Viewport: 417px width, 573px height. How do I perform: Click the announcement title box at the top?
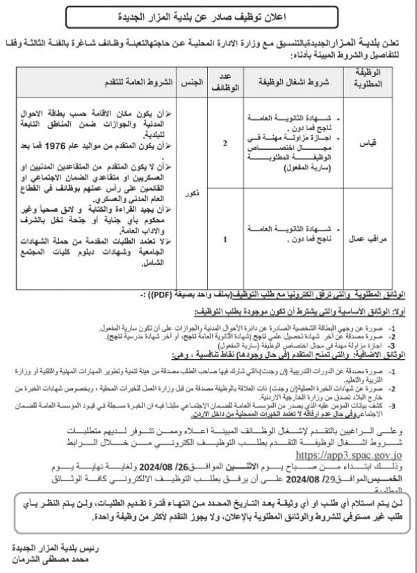209,15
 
